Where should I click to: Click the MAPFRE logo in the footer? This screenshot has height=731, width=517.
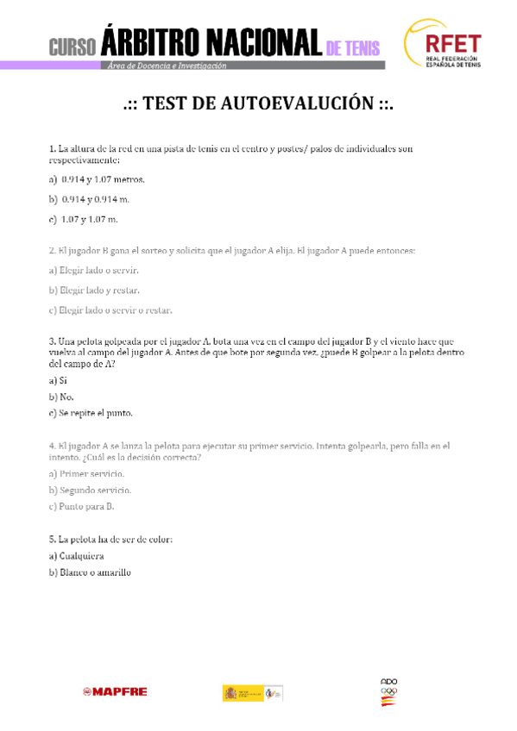pyautogui.click(x=115, y=691)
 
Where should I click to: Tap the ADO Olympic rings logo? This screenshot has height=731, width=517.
pyautogui.click(x=389, y=692)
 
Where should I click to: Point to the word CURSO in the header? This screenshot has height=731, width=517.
pyautogui.click(x=73, y=48)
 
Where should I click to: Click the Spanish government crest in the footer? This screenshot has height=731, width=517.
pyautogui.click(x=230, y=692)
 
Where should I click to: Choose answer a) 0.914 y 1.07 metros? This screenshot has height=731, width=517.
pyautogui.click(x=97, y=180)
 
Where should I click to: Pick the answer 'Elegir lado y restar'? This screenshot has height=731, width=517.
pyautogui.click(x=94, y=291)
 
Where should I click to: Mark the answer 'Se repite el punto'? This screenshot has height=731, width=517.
pyautogui.click(x=91, y=413)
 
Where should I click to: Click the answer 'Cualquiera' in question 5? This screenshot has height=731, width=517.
pyautogui.click(x=81, y=556)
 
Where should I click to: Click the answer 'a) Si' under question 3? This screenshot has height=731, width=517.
pyautogui.click(x=58, y=380)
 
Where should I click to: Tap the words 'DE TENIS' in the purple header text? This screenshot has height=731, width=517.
pyautogui.click(x=354, y=49)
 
